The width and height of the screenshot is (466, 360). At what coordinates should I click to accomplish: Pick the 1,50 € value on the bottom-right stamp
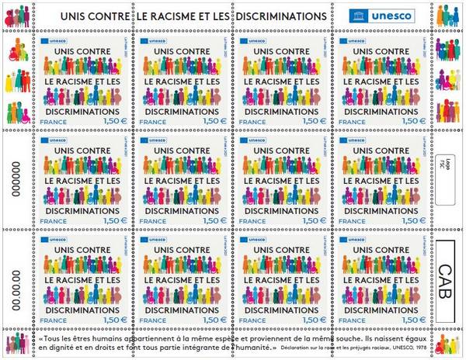(x=409, y=319)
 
